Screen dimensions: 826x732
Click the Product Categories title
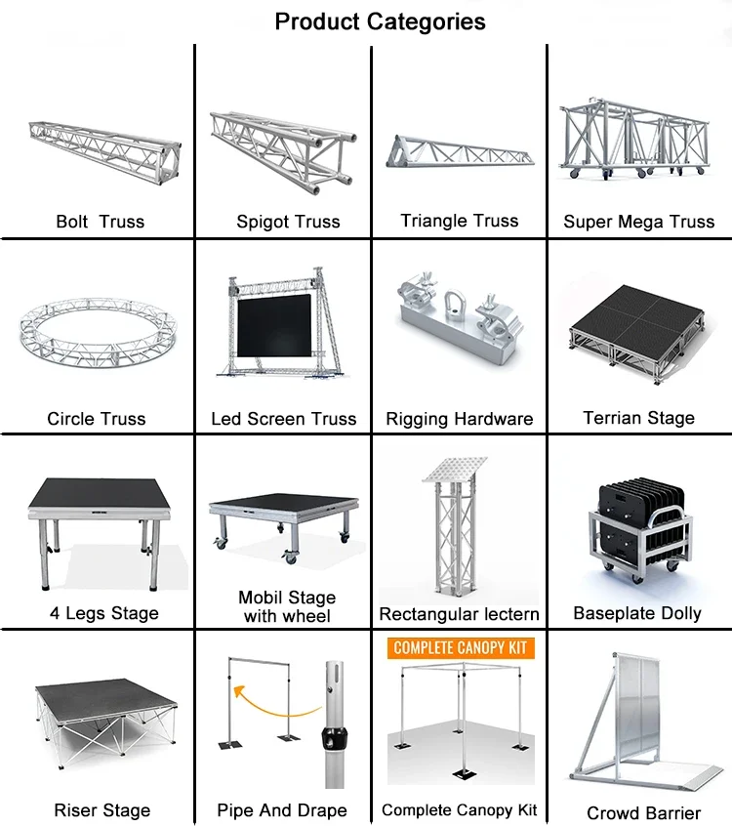(x=380, y=21)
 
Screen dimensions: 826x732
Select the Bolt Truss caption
(x=100, y=222)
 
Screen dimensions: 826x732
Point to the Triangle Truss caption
(x=459, y=221)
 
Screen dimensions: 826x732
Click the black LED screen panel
(x=276, y=327)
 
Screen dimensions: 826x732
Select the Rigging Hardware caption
(x=459, y=419)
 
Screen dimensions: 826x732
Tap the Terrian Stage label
(x=638, y=418)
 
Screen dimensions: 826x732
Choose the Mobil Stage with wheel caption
(x=287, y=606)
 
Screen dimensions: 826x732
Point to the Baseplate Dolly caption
(x=637, y=613)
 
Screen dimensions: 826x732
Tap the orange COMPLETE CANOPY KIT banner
(x=459, y=647)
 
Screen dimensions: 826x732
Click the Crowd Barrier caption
(x=643, y=812)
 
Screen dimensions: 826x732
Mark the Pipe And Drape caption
(x=281, y=810)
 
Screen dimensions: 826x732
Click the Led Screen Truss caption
(x=283, y=419)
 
